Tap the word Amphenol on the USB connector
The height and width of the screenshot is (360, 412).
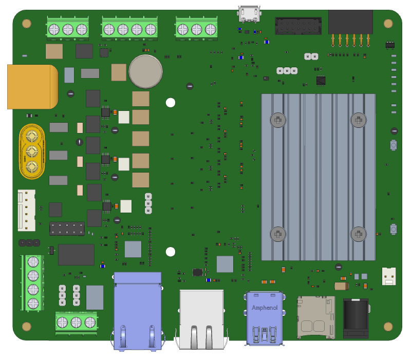[x=265, y=308]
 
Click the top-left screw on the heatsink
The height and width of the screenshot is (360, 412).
[x=278, y=120]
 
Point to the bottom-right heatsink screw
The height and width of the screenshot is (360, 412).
[x=358, y=234]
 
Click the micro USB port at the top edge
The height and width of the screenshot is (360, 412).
[x=249, y=14]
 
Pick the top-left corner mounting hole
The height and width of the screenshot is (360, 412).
[x=27, y=23]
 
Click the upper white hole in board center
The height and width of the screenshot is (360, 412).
[x=171, y=103]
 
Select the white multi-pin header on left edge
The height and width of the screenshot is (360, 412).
[x=26, y=210]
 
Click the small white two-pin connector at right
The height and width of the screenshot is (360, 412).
[x=389, y=276]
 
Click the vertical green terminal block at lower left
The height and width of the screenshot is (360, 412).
[x=32, y=282]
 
